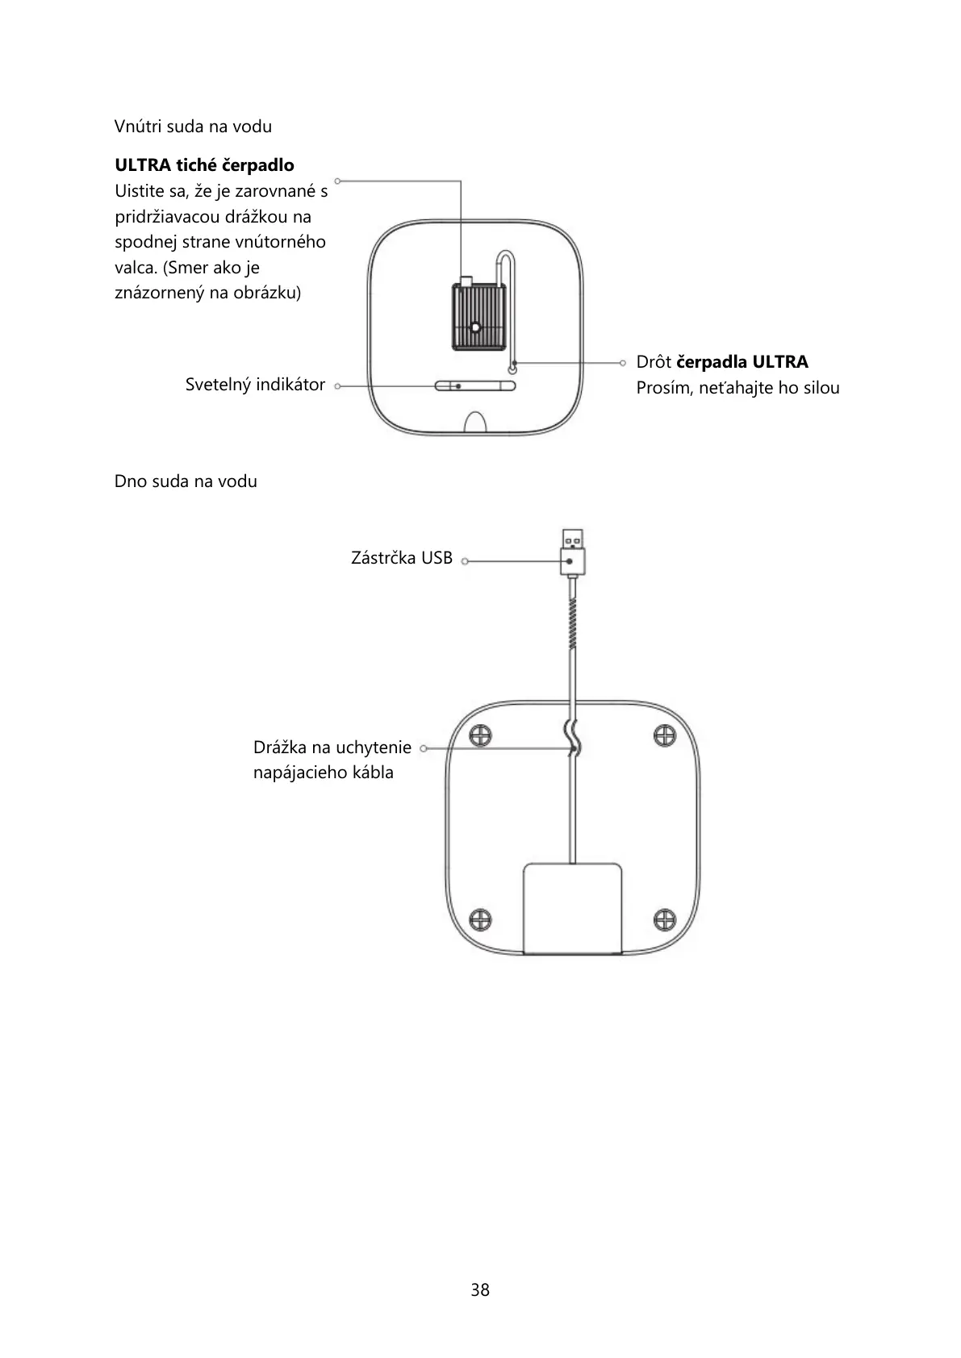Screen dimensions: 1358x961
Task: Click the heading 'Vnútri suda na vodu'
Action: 193,127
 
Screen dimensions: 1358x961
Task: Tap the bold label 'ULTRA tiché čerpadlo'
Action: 204,165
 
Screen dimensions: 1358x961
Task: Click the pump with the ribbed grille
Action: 476,316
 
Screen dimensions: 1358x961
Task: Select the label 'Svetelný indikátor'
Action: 255,385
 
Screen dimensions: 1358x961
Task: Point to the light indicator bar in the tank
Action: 475,386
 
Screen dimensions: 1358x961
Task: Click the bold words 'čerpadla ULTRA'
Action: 742,362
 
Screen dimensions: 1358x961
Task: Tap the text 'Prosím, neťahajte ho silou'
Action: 737,388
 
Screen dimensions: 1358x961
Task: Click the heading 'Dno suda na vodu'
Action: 186,481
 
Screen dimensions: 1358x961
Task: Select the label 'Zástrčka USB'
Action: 402,558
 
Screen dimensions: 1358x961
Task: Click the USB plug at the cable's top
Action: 572,552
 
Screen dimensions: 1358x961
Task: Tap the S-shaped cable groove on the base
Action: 573,737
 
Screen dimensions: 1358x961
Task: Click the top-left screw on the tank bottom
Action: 481,735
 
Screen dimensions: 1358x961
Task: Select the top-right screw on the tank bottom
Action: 664,735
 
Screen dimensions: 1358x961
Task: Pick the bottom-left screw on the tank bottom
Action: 481,919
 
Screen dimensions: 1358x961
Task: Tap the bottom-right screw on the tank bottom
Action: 664,919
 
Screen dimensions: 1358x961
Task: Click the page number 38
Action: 480,1290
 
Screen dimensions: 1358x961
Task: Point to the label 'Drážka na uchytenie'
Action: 332,748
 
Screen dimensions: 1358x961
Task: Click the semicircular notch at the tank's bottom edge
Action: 475,424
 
